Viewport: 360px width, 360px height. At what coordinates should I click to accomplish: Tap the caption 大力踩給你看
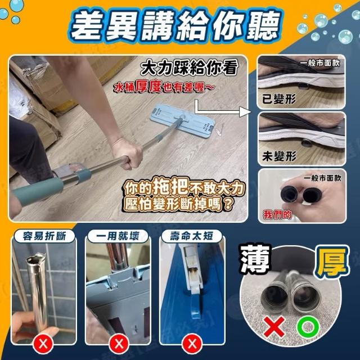tap(189, 68)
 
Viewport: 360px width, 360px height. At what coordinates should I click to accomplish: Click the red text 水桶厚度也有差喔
tap(164, 87)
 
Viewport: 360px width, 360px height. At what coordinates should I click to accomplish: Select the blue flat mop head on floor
tap(182, 120)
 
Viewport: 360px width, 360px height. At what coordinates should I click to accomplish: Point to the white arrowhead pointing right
tap(245, 112)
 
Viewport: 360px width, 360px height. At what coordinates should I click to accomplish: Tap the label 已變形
tap(279, 99)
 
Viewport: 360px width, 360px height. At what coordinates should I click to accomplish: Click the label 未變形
tap(279, 156)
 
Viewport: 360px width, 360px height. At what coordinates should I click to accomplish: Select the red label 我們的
tap(277, 215)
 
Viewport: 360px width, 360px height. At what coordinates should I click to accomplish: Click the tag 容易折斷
tap(44, 236)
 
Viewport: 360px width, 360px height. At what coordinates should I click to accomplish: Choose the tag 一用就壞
tap(118, 236)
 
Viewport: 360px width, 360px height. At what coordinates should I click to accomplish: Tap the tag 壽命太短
tap(191, 236)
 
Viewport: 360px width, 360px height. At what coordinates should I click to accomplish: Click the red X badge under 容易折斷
tap(43, 344)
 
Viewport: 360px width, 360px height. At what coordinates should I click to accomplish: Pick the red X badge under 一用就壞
tap(119, 344)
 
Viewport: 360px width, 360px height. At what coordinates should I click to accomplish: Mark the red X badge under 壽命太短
tap(192, 344)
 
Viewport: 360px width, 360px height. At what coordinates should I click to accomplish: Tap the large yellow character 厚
tap(332, 262)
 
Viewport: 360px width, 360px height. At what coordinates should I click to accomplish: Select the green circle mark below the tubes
tap(308, 326)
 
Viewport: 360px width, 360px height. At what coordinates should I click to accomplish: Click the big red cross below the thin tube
tap(274, 326)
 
